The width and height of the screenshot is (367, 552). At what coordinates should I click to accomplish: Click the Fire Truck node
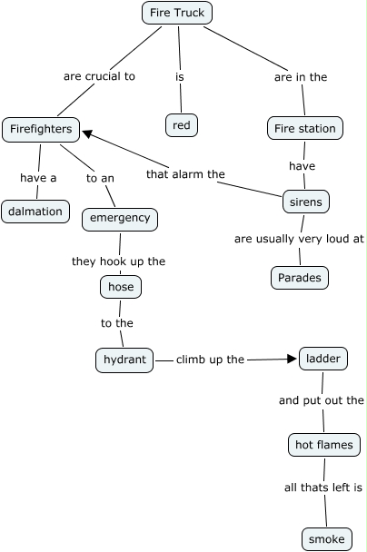pos(177,13)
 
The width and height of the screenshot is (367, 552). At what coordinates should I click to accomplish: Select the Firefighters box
pos(41,130)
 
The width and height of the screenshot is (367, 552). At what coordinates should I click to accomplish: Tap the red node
pos(182,125)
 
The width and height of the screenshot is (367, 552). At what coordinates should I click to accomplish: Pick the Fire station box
pos(305,128)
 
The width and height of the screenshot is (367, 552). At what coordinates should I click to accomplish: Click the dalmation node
pos(35,212)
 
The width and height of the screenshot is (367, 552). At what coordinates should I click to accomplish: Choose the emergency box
pos(120,220)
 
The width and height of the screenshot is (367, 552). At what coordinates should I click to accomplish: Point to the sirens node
pos(306,202)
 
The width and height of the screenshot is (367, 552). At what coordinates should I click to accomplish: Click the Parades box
pos(300,278)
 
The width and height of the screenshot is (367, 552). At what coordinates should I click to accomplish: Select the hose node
pos(121,287)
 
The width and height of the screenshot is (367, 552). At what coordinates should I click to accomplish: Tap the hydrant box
pos(124,360)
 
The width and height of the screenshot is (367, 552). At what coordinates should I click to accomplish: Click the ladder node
pos(323,359)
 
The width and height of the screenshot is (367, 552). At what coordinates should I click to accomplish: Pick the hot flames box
pos(324,445)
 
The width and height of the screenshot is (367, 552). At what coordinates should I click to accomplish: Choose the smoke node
pos(327,539)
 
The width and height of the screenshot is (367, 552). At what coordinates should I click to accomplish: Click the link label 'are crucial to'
pos(99,76)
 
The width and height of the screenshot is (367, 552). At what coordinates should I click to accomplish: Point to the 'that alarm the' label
pos(185,174)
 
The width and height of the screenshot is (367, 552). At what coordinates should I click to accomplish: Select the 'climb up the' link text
pos(210,360)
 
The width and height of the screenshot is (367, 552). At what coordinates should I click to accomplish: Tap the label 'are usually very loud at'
pos(299,239)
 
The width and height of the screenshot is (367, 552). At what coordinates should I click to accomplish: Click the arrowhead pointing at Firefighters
pos(86,133)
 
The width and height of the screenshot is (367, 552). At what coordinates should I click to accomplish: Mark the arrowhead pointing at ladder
pos(292,359)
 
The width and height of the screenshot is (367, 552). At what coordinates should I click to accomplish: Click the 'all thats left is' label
pos(323,488)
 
